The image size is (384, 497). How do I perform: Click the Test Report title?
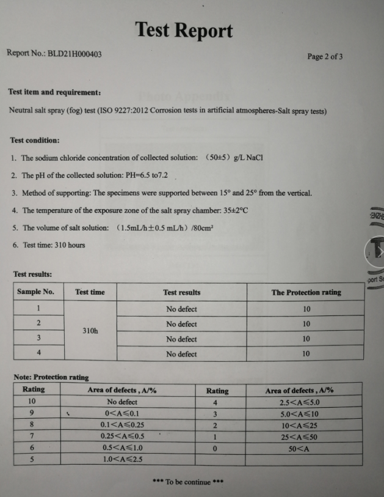coord(184,30)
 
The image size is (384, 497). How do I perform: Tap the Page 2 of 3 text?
coord(325,57)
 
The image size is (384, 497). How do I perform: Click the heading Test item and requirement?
coord(54,92)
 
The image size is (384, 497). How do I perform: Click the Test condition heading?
coord(35,140)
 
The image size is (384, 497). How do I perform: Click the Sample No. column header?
coord(36,292)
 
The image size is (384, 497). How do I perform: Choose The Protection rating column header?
coord(306,292)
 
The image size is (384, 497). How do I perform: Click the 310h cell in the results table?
coord(90,331)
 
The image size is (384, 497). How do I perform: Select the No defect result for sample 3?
coord(181,339)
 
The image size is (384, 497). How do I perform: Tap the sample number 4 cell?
coord(38,353)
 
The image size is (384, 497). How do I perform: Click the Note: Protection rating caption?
coord(51,377)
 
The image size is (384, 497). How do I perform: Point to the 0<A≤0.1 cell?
coord(121,414)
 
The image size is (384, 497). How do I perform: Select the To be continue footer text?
coord(187,482)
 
